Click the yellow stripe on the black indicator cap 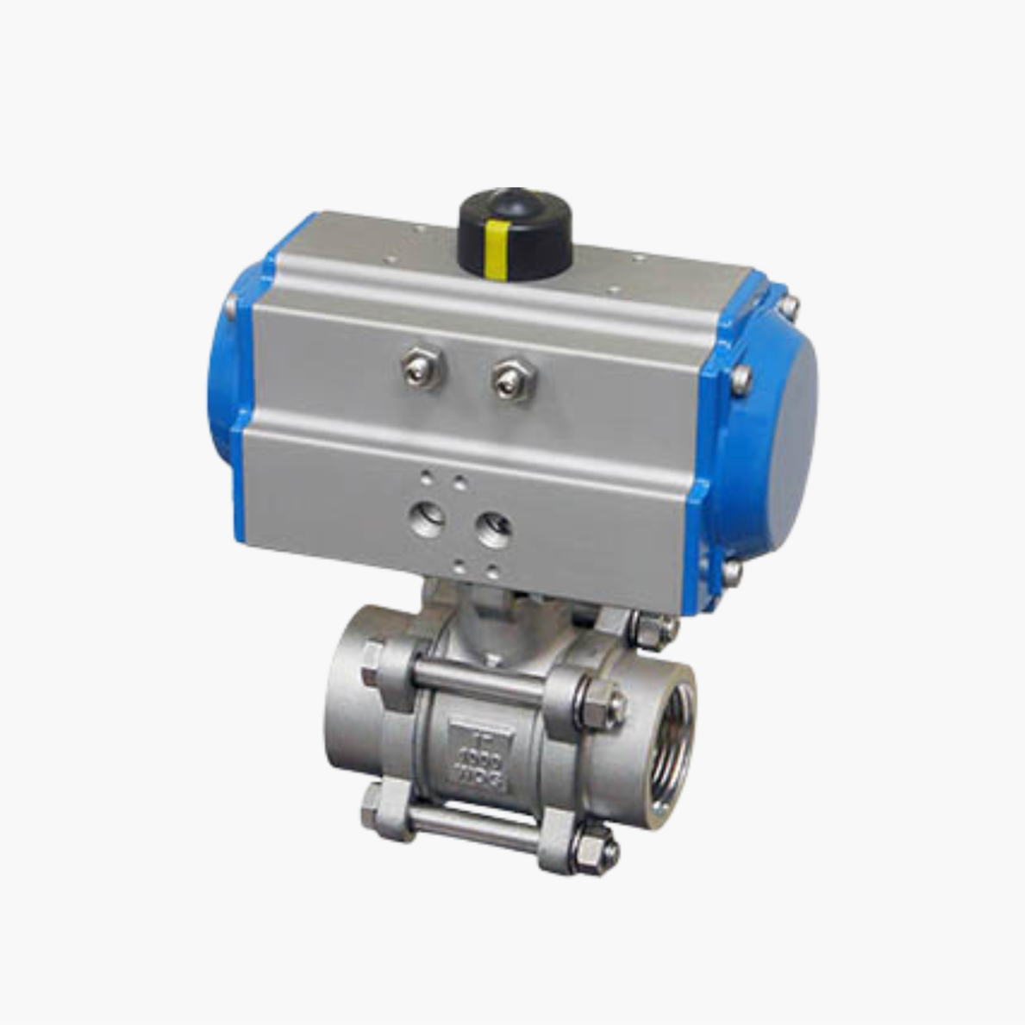pos(495,249)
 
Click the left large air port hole pos(428,519)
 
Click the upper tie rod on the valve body pos(479,678)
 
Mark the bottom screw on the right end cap pos(731,571)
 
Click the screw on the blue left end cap pos(231,305)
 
